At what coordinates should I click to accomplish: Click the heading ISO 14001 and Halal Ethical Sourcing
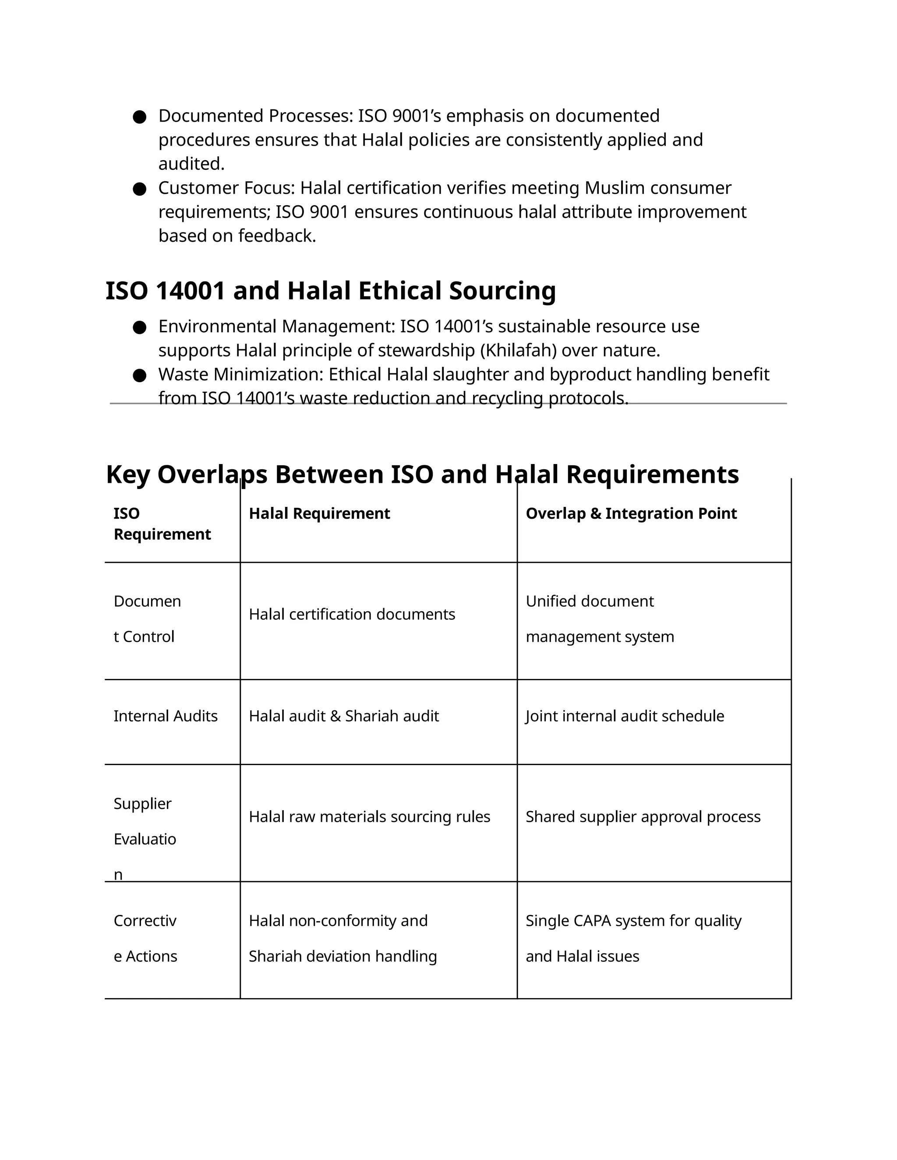pyautogui.click(x=331, y=291)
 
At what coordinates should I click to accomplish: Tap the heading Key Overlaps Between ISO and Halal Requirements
pyautogui.click(x=422, y=475)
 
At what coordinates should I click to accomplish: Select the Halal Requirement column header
pyautogui.click(x=319, y=513)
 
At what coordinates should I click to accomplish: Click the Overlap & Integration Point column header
pyautogui.click(x=631, y=513)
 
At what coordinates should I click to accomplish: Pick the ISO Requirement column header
pyautogui.click(x=162, y=524)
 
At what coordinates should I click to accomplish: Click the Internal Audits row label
pyautogui.click(x=165, y=716)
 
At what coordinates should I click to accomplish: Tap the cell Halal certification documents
pyautogui.click(x=352, y=615)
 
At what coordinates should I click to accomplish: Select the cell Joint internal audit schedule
pyautogui.click(x=625, y=716)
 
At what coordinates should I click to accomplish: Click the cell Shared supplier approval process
pyautogui.click(x=643, y=816)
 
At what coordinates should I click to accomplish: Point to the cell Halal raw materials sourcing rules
pyautogui.click(x=369, y=816)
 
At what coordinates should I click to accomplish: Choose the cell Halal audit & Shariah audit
pyautogui.click(x=344, y=716)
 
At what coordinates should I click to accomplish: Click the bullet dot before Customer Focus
pyautogui.click(x=140, y=189)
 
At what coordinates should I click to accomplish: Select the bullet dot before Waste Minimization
pyautogui.click(x=140, y=376)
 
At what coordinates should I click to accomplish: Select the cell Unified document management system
pyautogui.click(x=600, y=619)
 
